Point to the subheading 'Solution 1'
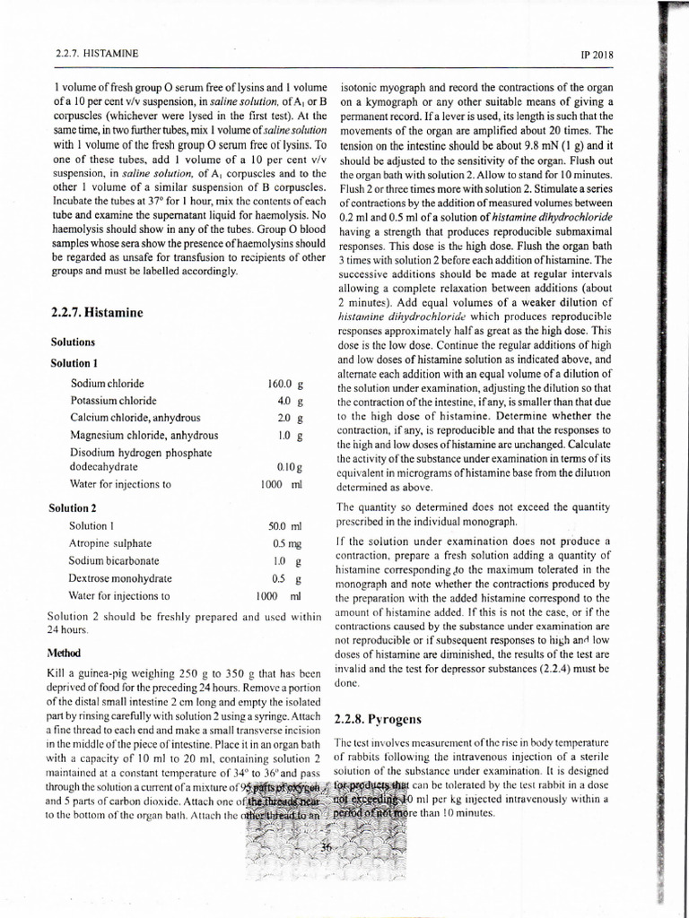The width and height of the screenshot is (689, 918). pyautogui.click(x=74, y=364)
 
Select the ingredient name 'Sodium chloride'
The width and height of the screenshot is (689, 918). pyautogui.click(x=108, y=384)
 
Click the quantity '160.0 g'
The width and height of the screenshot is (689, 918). pyautogui.click(x=286, y=384)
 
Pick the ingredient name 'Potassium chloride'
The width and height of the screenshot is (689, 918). pyautogui.click(x=114, y=401)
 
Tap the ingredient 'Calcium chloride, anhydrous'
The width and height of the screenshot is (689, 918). pyautogui.click(x=135, y=418)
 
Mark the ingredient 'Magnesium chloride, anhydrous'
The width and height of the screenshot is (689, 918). pyautogui.click(x=144, y=436)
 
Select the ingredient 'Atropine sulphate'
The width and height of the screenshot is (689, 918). pyautogui.click(x=110, y=543)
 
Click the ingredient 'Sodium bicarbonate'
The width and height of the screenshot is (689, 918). pyautogui.click(x=114, y=560)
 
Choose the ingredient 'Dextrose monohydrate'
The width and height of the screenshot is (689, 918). pyautogui.click(x=119, y=578)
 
